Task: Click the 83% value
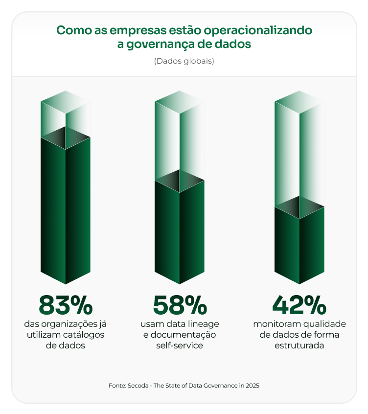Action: (65, 305)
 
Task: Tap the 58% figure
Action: (180, 305)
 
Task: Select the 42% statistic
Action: (299, 305)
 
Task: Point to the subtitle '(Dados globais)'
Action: (184, 62)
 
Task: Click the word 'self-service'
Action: (180, 345)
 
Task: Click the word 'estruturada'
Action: (299, 345)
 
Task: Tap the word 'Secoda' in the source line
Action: (138, 386)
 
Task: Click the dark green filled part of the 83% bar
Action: (65, 210)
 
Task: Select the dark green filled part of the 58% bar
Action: (180, 230)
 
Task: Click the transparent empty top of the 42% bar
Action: (299, 152)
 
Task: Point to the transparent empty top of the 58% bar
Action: (180, 137)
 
